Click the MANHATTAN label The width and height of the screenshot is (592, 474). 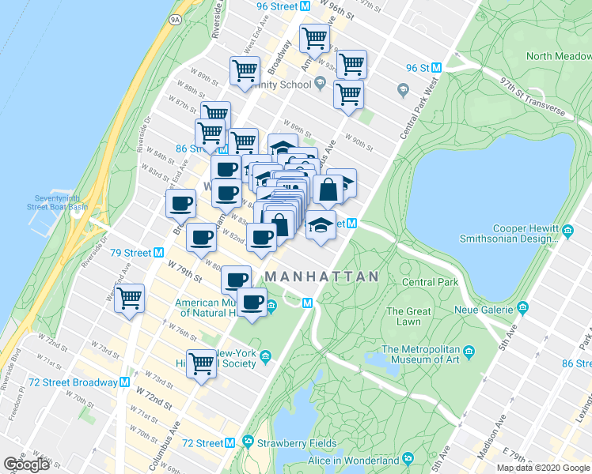321,276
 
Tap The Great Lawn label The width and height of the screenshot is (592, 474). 408,316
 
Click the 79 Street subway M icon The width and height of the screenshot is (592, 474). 158,253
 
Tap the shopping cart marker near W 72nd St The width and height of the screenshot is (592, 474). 202,363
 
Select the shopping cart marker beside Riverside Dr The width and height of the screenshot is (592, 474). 129,299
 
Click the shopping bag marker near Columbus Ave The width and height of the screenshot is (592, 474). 328,190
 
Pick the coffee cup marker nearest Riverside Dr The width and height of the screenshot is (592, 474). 180,203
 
